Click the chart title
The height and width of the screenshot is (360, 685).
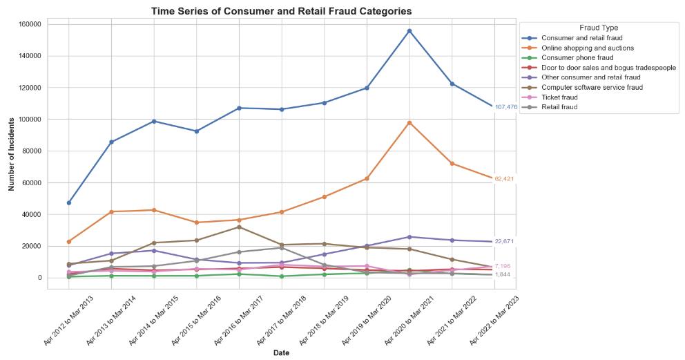point(282,11)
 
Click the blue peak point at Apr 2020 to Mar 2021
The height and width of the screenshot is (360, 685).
point(409,31)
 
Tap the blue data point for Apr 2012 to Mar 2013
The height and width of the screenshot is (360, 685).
point(69,202)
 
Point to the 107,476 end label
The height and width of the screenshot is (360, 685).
point(505,107)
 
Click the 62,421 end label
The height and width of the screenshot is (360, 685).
point(503,179)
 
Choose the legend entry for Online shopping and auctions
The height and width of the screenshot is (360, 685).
point(588,48)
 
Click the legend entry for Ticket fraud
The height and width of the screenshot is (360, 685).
point(559,97)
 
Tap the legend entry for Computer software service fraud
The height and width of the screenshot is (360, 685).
point(592,88)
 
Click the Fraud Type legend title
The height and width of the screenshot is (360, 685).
point(598,28)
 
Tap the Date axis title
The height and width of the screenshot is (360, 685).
point(281,353)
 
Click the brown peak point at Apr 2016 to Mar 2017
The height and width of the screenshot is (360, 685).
point(239,227)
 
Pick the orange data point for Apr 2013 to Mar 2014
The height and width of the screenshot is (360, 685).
point(111,211)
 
